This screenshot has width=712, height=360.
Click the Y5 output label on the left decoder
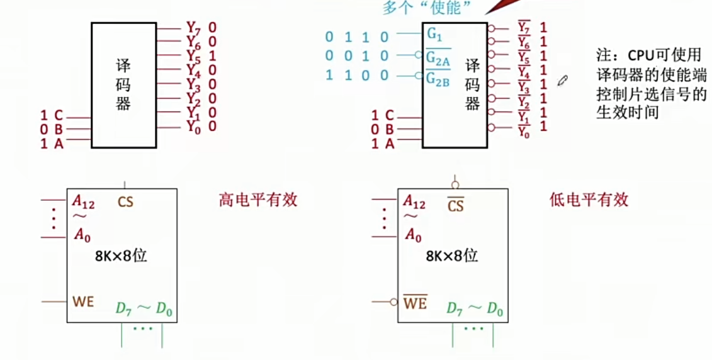click(193, 55)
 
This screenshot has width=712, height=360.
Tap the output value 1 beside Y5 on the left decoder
click(212, 55)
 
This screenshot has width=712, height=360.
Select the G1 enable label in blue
click(434, 35)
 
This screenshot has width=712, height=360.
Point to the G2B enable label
click(438, 78)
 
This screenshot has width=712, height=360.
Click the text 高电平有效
click(258, 200)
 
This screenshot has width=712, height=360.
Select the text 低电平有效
click(589, 200)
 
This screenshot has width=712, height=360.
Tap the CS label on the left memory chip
click(125, 203)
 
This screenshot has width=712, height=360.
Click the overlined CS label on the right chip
click(455, 205)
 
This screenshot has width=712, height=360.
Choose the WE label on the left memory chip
click(83, 301)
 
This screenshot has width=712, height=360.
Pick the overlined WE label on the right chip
click(415, 303)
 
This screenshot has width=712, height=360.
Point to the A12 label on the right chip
click(414, 202)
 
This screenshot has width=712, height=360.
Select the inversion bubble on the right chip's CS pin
click(454, 185)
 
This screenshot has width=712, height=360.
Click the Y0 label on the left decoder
click(193, 127)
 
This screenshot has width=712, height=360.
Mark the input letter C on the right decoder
click(390, 115)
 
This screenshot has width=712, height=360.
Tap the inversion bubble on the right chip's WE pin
click(393, 302)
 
